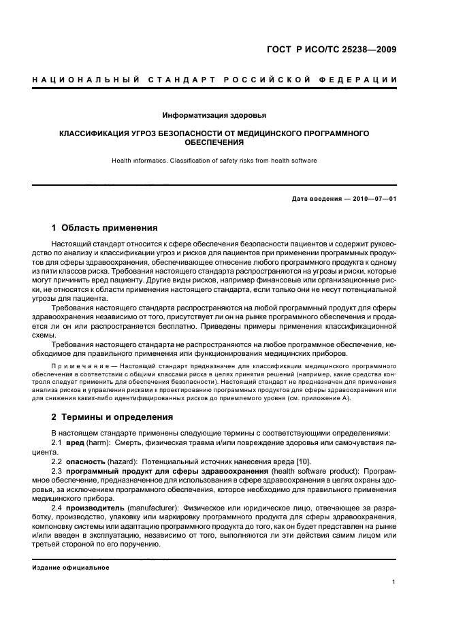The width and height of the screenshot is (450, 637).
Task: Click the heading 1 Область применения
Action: tap(105, 227)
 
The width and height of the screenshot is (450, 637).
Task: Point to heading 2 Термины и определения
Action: tap(112, 416)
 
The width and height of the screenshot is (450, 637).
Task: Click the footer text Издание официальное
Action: tap(71, 568)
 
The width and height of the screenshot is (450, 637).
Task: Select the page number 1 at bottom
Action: tap(394, 582)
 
